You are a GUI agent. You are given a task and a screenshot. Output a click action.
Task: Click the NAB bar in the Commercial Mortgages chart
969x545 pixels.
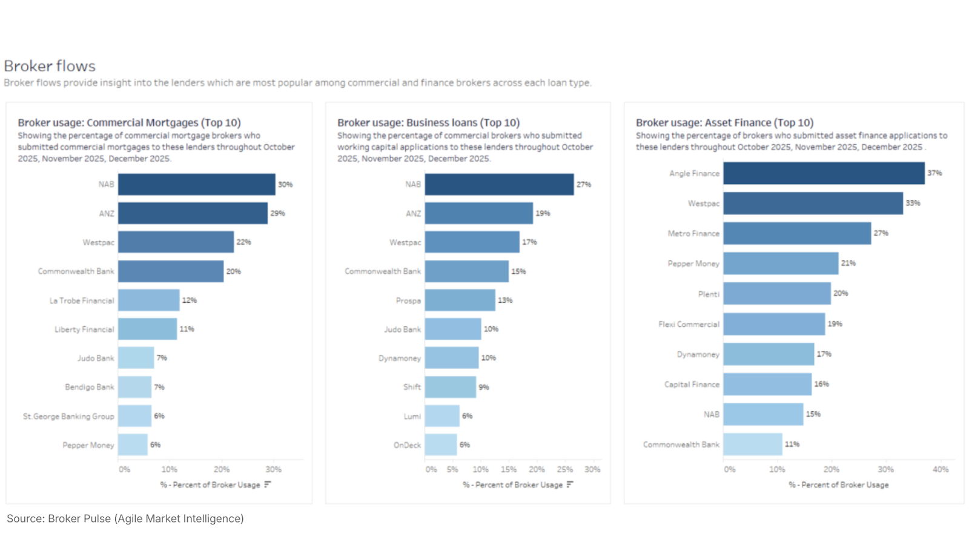[x=196, y=184]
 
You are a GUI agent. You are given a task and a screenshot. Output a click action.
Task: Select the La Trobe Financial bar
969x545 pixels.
[x=148, y=300]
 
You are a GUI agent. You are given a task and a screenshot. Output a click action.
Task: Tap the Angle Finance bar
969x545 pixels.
[x=824, y=173]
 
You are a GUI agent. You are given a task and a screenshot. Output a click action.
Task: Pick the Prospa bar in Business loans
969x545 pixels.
[x=460, y=300]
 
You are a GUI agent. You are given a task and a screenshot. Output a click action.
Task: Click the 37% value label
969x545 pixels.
[x=934, y=173]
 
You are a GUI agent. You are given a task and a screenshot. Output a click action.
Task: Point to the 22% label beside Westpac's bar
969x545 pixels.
[x=243, y=242]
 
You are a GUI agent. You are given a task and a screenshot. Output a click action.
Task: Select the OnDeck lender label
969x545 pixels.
[x=407, y=445]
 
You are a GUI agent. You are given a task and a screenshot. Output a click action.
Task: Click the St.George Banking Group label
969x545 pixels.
[x=68, y=416]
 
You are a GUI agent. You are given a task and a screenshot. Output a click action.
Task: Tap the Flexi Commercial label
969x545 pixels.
[x=689, y=324]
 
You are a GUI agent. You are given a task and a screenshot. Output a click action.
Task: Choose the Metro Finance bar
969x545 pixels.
[x=797, y=233]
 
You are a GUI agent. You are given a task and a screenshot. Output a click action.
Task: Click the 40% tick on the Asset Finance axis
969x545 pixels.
[x=940, y=469]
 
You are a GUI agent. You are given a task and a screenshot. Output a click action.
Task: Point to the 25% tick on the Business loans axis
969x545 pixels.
[x=564, y=469]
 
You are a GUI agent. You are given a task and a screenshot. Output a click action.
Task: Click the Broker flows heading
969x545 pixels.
[x=50, y=66]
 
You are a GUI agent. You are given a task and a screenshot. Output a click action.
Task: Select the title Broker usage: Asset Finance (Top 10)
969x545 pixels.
[x=724, y=122]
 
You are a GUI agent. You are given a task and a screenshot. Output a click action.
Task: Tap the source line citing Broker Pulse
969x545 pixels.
[x=125, y=518]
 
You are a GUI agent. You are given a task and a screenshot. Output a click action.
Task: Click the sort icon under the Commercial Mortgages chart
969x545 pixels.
[x=268, y=484]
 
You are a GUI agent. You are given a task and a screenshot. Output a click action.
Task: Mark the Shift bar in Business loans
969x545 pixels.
[x=450, y=387]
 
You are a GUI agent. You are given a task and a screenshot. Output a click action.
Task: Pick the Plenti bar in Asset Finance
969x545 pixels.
[x=776, y=294]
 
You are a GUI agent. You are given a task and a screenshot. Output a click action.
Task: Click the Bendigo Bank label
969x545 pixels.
[x=90, y=387]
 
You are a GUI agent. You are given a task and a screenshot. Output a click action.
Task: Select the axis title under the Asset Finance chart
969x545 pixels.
[x=838, y=485]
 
